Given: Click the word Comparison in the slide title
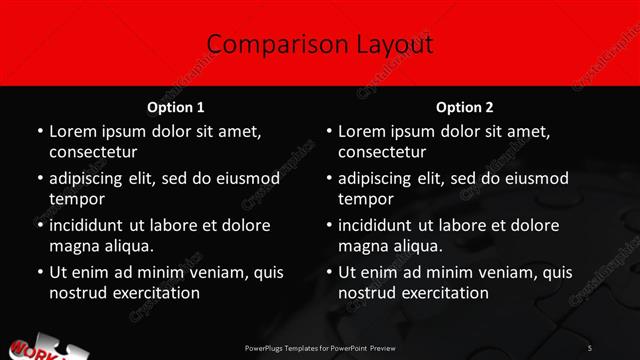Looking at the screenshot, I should (264, 44).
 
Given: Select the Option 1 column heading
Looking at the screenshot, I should (175, 107).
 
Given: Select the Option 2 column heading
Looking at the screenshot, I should (465, 107).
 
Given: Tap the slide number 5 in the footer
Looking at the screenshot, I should (590, 347).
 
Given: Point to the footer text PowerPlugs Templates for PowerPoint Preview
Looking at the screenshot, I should (320, 347).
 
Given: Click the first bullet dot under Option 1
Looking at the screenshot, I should (40, 131).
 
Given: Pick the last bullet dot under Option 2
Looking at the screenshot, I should (329, 272).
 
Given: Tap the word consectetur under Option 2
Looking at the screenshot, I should (381, 152).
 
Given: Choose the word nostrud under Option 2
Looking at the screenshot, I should (367, 293).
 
